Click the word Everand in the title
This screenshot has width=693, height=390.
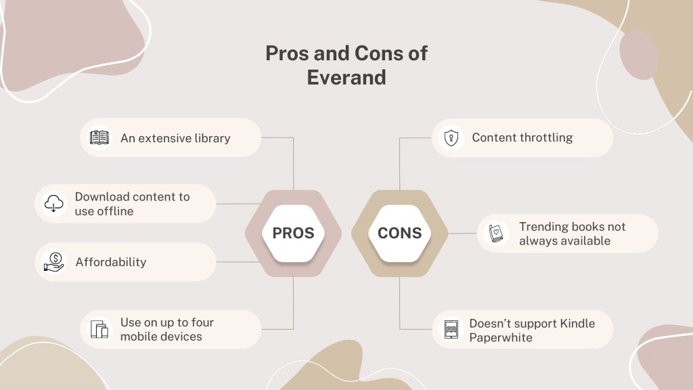(346, 77)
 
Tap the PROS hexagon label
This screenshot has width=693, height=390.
(293, 233)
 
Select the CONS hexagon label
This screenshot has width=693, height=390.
(399, 233)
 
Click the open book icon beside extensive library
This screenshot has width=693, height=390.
(99, 137)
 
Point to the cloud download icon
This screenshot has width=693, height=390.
(53, 203)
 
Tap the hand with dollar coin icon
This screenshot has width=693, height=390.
(53, 261)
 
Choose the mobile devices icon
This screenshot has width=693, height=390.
(99, 329)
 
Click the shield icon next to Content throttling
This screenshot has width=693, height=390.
(451, 137)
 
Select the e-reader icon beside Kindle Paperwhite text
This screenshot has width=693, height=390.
(451, 329)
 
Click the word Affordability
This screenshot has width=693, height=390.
(110, 262)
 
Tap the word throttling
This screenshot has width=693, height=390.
(545, 137)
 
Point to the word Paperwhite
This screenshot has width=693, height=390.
(501, 337)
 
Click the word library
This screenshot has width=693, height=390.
(212, 138)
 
